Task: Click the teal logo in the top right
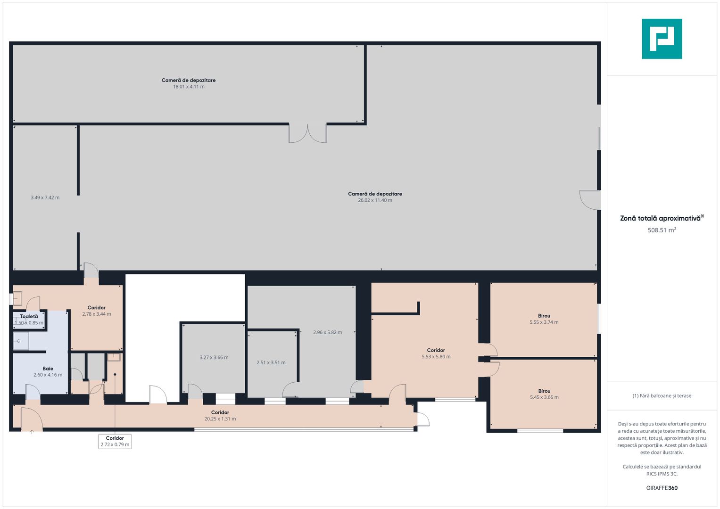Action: pyautogui.click(x=662, y=39)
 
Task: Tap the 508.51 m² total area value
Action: pyautogui.click(x=662, y=230)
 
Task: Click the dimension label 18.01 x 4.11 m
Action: pyautogui.click(x=189, y=87)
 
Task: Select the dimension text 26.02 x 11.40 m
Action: pyautogui.click(x=375, y=200)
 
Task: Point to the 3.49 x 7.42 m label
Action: pyautogui.click(x=45, y=197)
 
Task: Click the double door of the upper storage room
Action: pyautogui.click(x=307, y=133)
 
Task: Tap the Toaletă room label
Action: pyautogui.click(x=29, y=317)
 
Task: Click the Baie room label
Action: pyautogui.click(x=48, y=369)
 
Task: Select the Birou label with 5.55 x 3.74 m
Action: pyautogui.click(x=544, y=316)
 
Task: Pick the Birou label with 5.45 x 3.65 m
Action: pyautogui.click(x=544, y=391)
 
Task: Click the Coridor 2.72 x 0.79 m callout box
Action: pyautogui.click(x=115, y=441)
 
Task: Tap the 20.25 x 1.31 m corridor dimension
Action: pyautogui.click(x=220, y=419)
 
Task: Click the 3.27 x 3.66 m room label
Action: pyautogui.click(x=214, y=357)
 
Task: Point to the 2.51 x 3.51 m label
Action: pyautogui.click(x=271, y=362)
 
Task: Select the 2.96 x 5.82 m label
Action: pyautogui.click(x=328, y=332)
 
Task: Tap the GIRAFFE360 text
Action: pyautogui.click(x=662, y=488)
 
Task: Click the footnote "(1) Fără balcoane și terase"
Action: pyautogui.click(x=662, y=396)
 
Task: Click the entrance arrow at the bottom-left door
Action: pyautogui.click(x=32, y=432)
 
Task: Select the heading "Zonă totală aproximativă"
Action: pyautogui.click(x=661, y=219)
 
